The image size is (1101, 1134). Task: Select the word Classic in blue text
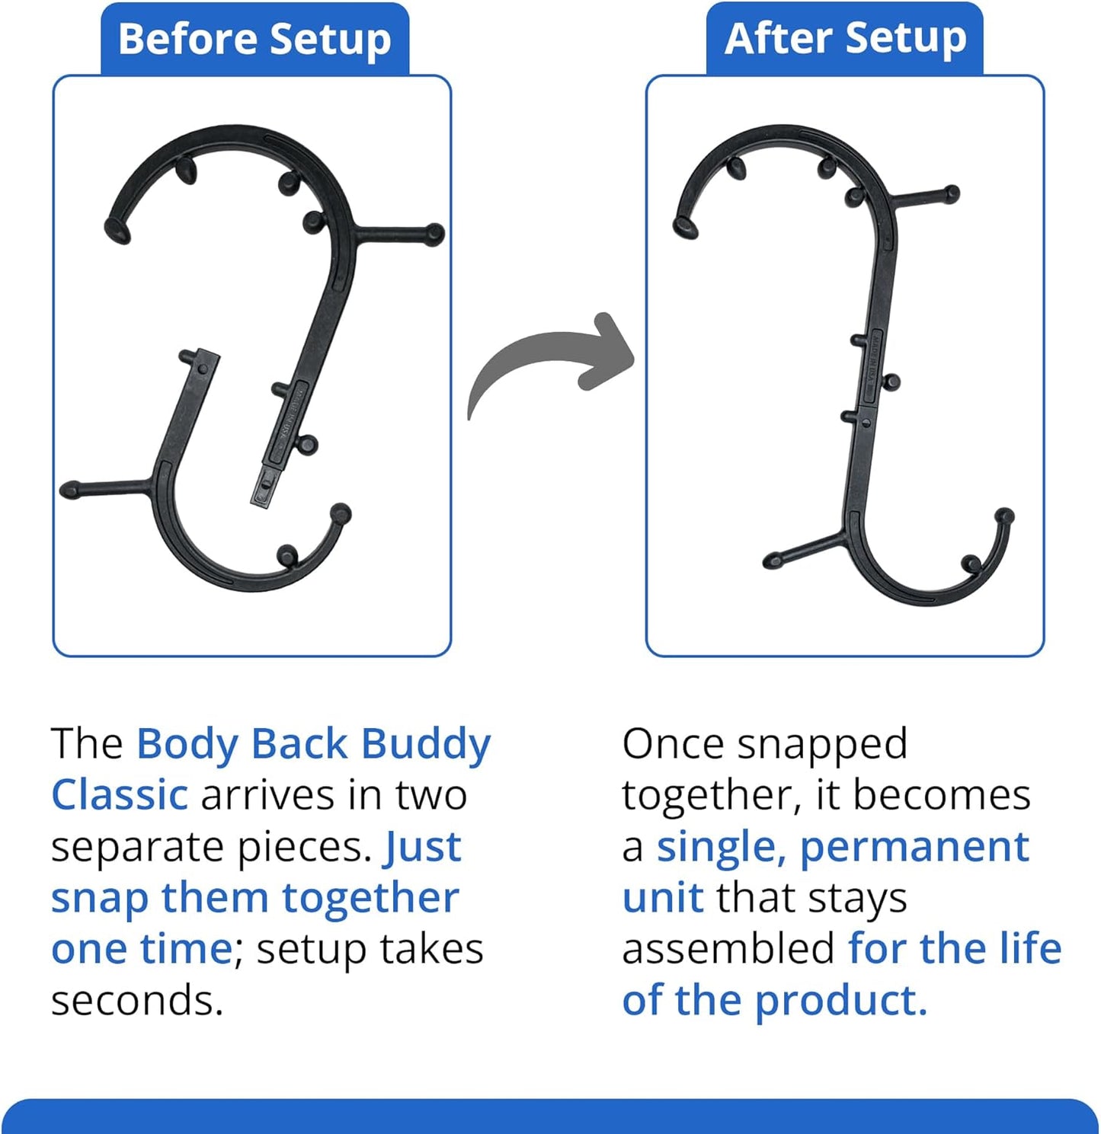pos(120,795)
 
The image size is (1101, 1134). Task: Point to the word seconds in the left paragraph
pos(136,1000)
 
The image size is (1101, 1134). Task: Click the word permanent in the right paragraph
pos(914,847)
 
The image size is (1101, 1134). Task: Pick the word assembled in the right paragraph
pos(728,949)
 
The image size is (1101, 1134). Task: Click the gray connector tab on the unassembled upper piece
pos(263,487)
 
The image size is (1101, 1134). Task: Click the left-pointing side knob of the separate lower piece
pos(71,490)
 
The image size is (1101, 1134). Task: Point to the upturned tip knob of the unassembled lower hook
pos(341,513)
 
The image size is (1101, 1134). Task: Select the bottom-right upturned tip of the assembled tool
pos(1005,517)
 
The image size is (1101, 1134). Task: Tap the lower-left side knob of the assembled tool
pos(773,562)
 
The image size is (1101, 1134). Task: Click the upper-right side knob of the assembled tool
pos(950,193)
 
